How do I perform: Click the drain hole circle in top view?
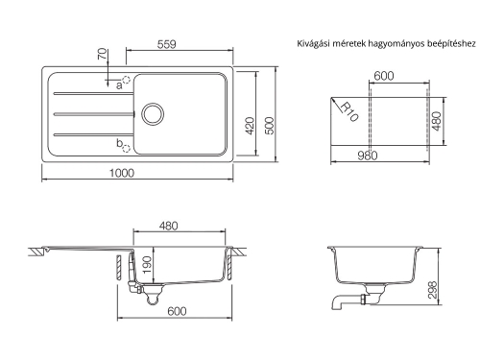(x=151, y=113)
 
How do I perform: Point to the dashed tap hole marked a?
(x=126, y=80)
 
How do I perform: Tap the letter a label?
(x=118, y=85)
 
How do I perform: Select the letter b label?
(x=118, y=144)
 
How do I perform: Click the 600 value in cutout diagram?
(x=384, y=75)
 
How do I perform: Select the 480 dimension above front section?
(x=169, y=227)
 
